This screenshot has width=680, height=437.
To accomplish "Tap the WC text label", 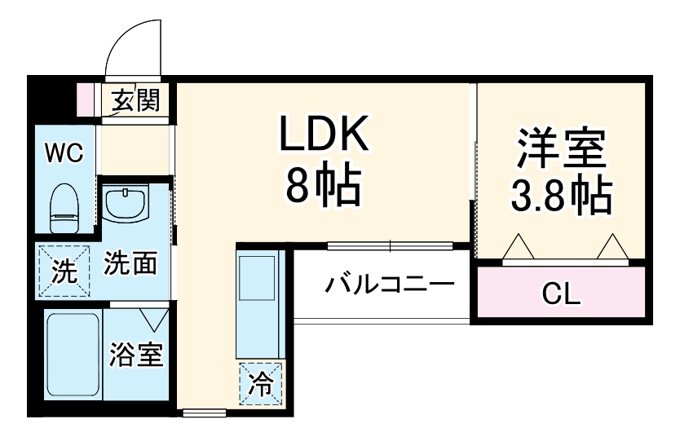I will tap(62, 153).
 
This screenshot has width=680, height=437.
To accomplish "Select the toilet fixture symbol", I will tap(62, 208).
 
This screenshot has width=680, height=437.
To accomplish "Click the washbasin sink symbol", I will tap(126, 204).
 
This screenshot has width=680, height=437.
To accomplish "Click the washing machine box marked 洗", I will tap(61, 269).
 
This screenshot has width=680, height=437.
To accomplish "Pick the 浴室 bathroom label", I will tap(136, 356).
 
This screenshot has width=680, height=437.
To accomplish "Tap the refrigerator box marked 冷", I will tap(261, 382).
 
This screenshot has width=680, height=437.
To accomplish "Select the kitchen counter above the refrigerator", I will tap(259, 302).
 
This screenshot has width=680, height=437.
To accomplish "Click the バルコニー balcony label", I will tap(389, 286).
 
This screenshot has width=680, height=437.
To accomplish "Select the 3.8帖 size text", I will tap(561, 194).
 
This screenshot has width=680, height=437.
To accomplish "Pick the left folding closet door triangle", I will tap(515, 247).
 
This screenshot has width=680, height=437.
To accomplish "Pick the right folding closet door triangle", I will tap(612, 247).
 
